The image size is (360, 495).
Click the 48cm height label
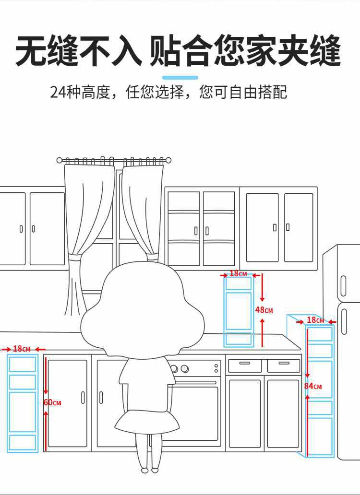[264, 310]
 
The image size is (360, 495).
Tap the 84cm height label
[312, 386]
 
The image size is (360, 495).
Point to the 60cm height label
[52, 402]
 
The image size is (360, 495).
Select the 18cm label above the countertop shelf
[238, 274]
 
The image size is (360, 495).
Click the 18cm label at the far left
[22, 349]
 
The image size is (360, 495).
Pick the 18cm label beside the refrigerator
[315, 320]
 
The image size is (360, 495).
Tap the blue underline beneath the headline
[180, 77]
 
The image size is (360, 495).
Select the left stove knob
[175, 369]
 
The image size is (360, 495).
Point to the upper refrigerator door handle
[343, 286]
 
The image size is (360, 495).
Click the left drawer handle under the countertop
[244, 364]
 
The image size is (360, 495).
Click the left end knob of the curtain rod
[60, 160]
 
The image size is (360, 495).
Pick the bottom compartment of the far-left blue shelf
[23, 442]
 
